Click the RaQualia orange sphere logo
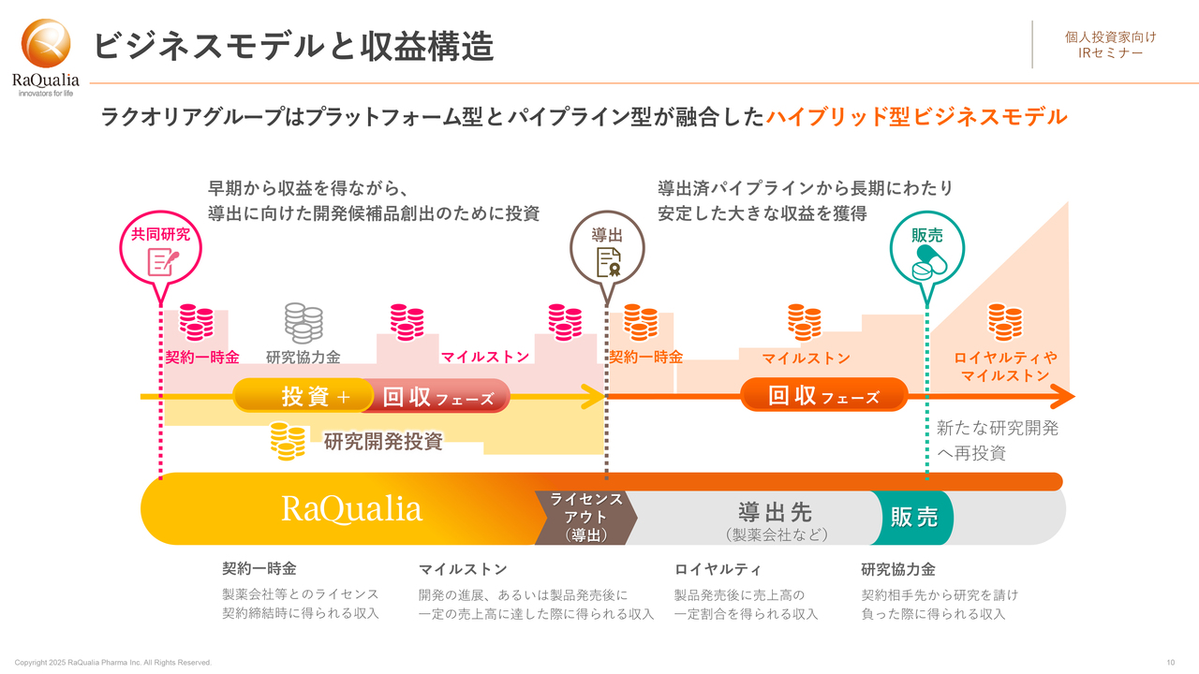(x=46, y=44)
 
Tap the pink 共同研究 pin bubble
(x=160, y=250)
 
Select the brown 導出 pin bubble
(x=607, y=250)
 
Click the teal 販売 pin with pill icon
(x=927, y=250)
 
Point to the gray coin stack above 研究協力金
(x=303, y=323)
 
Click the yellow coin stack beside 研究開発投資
(x=288, y=441)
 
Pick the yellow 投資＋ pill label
(x=303, y=396)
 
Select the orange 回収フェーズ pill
(x=823, y=395)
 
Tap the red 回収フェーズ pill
(x=437, y=396)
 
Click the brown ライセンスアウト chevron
(x=586, y=518)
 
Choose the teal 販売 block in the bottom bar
(x=913, y=518)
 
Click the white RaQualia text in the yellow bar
(x=351, y=508)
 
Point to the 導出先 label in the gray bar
(x=775, y=512)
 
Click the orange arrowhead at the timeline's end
(x=1062, y=396)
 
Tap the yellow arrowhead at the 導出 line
(x=594, y=396)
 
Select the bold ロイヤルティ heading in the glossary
(x=718, y=569)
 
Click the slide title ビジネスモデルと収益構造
(x=293, y=46)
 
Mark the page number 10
(x=1171, y=662)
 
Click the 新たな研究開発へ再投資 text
(x=998, y=440)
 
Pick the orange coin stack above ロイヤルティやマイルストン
(x=1005, y=322)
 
